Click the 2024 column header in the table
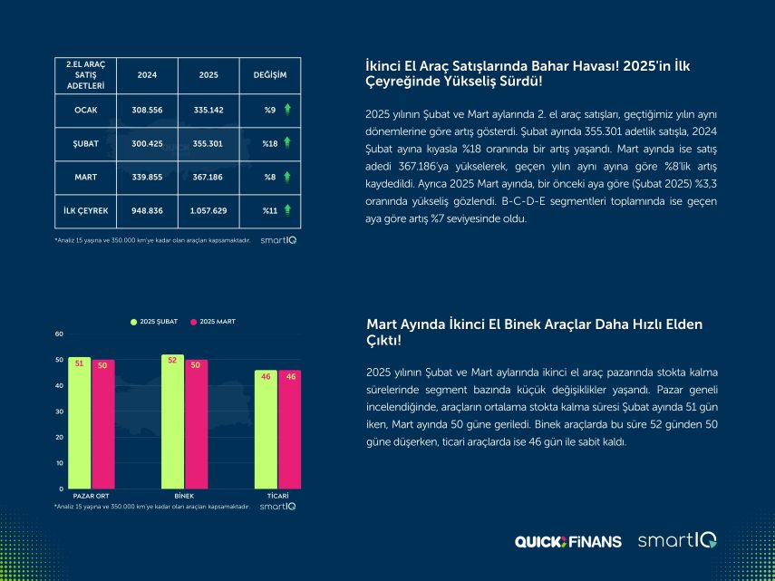pos(147,74)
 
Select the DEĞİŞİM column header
pos(269,74)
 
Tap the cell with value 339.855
pos(147,176)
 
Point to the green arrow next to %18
pos(286,142)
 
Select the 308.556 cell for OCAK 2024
pos(147,109)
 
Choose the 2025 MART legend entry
pos(217,322)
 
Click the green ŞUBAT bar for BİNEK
pos(172,421)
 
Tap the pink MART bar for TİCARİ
pos(290,430)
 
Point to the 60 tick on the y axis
pos(60,334)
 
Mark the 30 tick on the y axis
pos(60,412)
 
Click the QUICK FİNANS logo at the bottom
pos(568,541)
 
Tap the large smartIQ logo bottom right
pos(676,540)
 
